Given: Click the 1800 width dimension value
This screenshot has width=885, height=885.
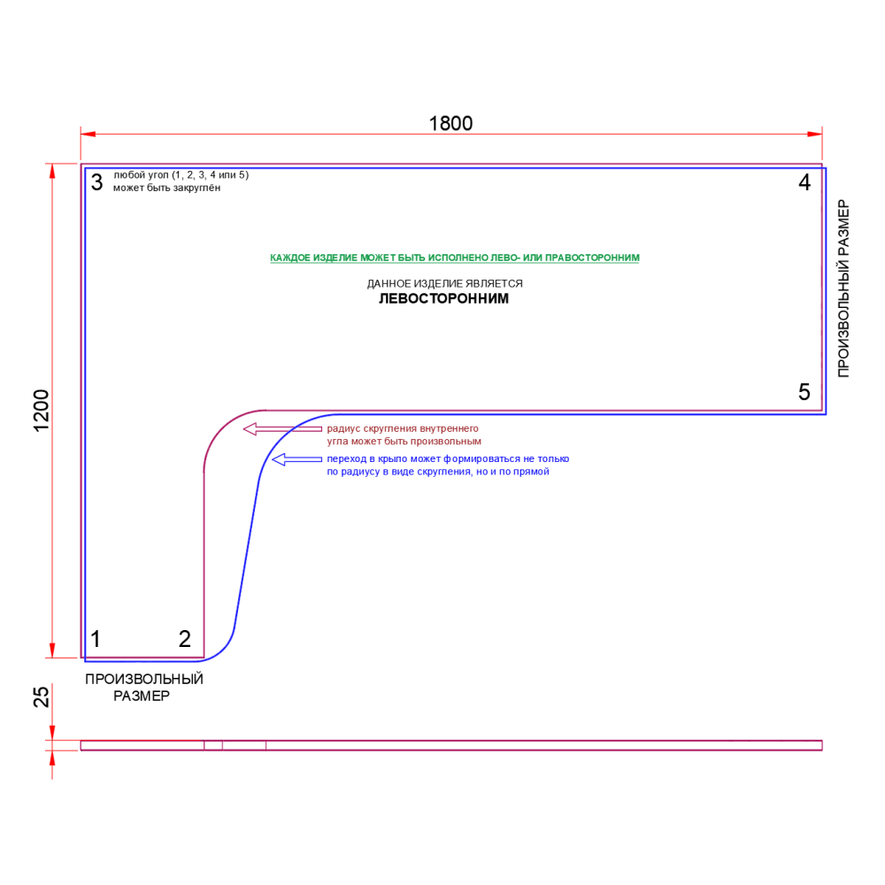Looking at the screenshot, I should pyautogui.click(x=451, y=123).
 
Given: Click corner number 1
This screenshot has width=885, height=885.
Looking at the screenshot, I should pyautogui.click(x=96, y=639).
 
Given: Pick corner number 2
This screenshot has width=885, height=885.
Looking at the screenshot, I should pyautogui.click(x=184, y=639).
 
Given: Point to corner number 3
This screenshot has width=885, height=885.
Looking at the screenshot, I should pyautogui.click(x=96, y=183).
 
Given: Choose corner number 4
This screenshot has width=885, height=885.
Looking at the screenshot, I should pyautogui.click(x=804, y=183).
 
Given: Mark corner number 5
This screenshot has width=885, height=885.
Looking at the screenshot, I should pyautogui.click(x=804, y=392).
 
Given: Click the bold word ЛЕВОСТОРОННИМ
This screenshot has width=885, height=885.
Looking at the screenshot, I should pyautogui.click(x=443, y=299).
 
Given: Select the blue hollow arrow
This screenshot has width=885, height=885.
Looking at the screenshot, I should pyautogui.click(x=296, y=459).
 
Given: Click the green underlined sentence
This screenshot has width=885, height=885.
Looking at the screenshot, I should pyautogui.click(x=454, y=258).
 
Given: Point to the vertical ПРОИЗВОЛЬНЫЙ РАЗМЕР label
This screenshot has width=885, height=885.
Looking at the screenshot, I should pyautogui.click(x=843, y=289).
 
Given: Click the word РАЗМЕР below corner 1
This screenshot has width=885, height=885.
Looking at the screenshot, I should pyautogui.click(x=142, y=696).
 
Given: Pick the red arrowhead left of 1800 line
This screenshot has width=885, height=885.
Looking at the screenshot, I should pyautogui.click(x=88, y=134).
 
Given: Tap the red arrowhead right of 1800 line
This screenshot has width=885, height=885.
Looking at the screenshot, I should pyautogui.click(x=815, y=134).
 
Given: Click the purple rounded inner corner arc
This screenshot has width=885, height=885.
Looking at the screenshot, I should pyautogui.click(x=221, y=428).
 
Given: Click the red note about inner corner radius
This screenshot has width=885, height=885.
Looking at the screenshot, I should pyautogui.click(x=403, y=435).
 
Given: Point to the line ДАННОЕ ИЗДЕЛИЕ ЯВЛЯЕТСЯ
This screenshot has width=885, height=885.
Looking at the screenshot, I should pyautogui.click(x=445, y=284).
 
